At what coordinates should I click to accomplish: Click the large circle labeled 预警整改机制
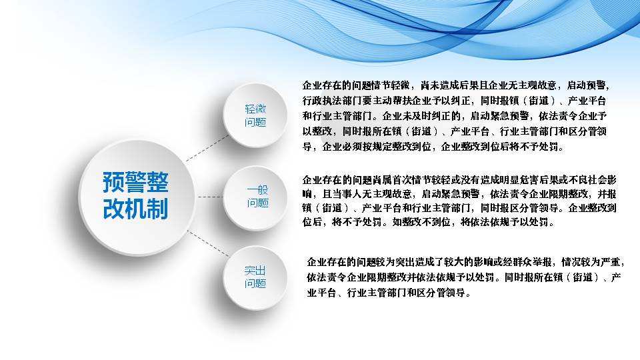click(x=137, y=197)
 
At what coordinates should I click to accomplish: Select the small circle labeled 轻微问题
click(x=255, y=115)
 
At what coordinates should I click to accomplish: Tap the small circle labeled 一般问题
click(x=256, y=197)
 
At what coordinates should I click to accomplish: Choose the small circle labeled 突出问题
click(x=255, y=277)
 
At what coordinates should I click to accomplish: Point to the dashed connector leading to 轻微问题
click(x=207, y=148)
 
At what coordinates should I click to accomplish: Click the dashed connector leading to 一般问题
click(x=211, y=197)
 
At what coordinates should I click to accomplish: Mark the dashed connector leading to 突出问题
click(x=208, y=244)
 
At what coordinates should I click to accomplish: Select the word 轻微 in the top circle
click(x=255, y=109)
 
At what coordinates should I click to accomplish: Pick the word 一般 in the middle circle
click(x=257, y=190)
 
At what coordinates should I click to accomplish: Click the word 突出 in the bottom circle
click(x=255, y=270)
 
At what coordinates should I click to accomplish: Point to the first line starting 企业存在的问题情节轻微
click(x=455, y=85)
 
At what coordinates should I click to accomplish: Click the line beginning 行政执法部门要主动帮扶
click(x=454, y=101)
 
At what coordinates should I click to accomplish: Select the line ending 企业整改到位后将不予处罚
click(x=433, y=147)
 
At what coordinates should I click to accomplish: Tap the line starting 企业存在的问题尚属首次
click(x=459, y=179)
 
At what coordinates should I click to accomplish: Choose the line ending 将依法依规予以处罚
click(x=429, y=222)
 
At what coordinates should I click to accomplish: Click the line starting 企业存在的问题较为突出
click(x=466, y=262)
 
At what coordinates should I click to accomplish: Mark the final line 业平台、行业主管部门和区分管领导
click(x=389, y=293)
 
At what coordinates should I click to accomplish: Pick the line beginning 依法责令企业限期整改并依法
click(x=464, y=277)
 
